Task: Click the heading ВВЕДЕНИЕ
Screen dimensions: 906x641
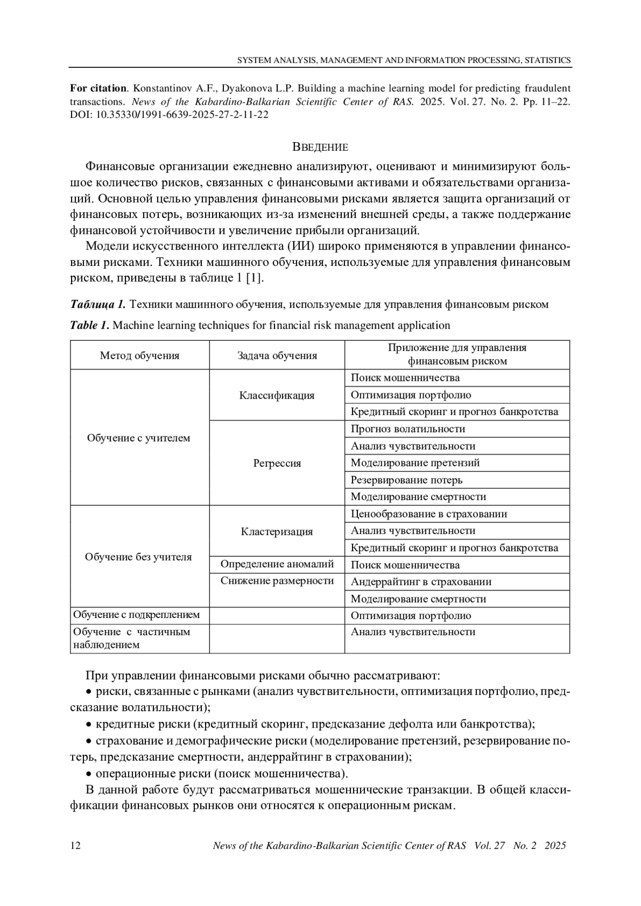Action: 320,147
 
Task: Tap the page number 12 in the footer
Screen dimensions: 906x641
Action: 75,846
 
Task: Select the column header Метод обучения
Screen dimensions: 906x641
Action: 139,356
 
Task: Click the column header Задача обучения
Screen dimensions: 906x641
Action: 277,356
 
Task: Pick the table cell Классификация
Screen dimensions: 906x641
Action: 277,395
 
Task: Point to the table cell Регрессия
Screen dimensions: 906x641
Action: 277,463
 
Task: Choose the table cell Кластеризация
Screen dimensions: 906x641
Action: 277,532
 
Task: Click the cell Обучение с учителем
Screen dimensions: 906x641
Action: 138,438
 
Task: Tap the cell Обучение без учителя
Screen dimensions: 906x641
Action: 138,557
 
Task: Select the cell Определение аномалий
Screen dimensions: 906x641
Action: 277,564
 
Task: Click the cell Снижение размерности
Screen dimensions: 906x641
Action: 277,581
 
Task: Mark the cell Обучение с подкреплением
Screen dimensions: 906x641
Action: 136,615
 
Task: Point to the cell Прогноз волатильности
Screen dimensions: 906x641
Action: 408,429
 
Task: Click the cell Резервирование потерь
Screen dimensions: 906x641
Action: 407,480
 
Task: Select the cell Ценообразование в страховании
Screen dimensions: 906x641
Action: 428,514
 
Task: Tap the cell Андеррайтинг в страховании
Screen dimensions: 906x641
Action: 421,582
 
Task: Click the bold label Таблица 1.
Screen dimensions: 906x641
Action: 97,304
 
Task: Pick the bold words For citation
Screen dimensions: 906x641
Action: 98,88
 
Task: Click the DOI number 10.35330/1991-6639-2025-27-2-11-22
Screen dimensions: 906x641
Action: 182,115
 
